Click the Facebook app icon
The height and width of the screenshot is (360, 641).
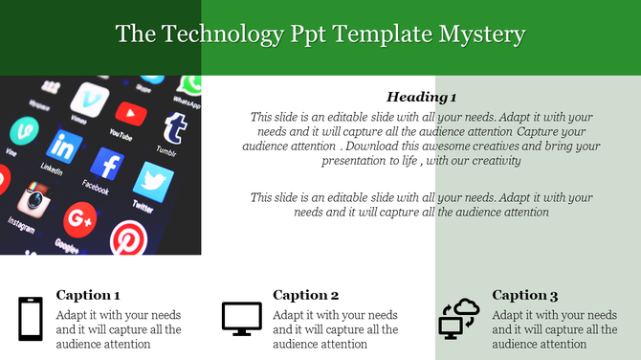pos(109,164)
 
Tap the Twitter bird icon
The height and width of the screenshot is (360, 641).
pos(152,182)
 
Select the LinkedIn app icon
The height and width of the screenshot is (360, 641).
pos(65,146)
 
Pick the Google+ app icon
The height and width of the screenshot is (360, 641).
pos(79,220)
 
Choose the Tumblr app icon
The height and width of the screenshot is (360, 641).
pos(174,126)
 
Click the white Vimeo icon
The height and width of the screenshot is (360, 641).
pos(91,98)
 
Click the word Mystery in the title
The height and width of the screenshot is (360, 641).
pos(481,34)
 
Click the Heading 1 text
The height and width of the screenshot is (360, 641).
pos(421,97)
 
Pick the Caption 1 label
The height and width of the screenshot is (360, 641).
pos(88,295)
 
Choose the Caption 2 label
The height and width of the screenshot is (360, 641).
pos(306,295)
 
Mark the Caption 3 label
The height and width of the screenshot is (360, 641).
pos(525,295)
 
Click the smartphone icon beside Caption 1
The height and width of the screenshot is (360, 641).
pos(31,319)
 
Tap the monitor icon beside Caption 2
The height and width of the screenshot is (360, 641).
pos(241,318)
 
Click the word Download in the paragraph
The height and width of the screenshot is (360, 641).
pos(376,146)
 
